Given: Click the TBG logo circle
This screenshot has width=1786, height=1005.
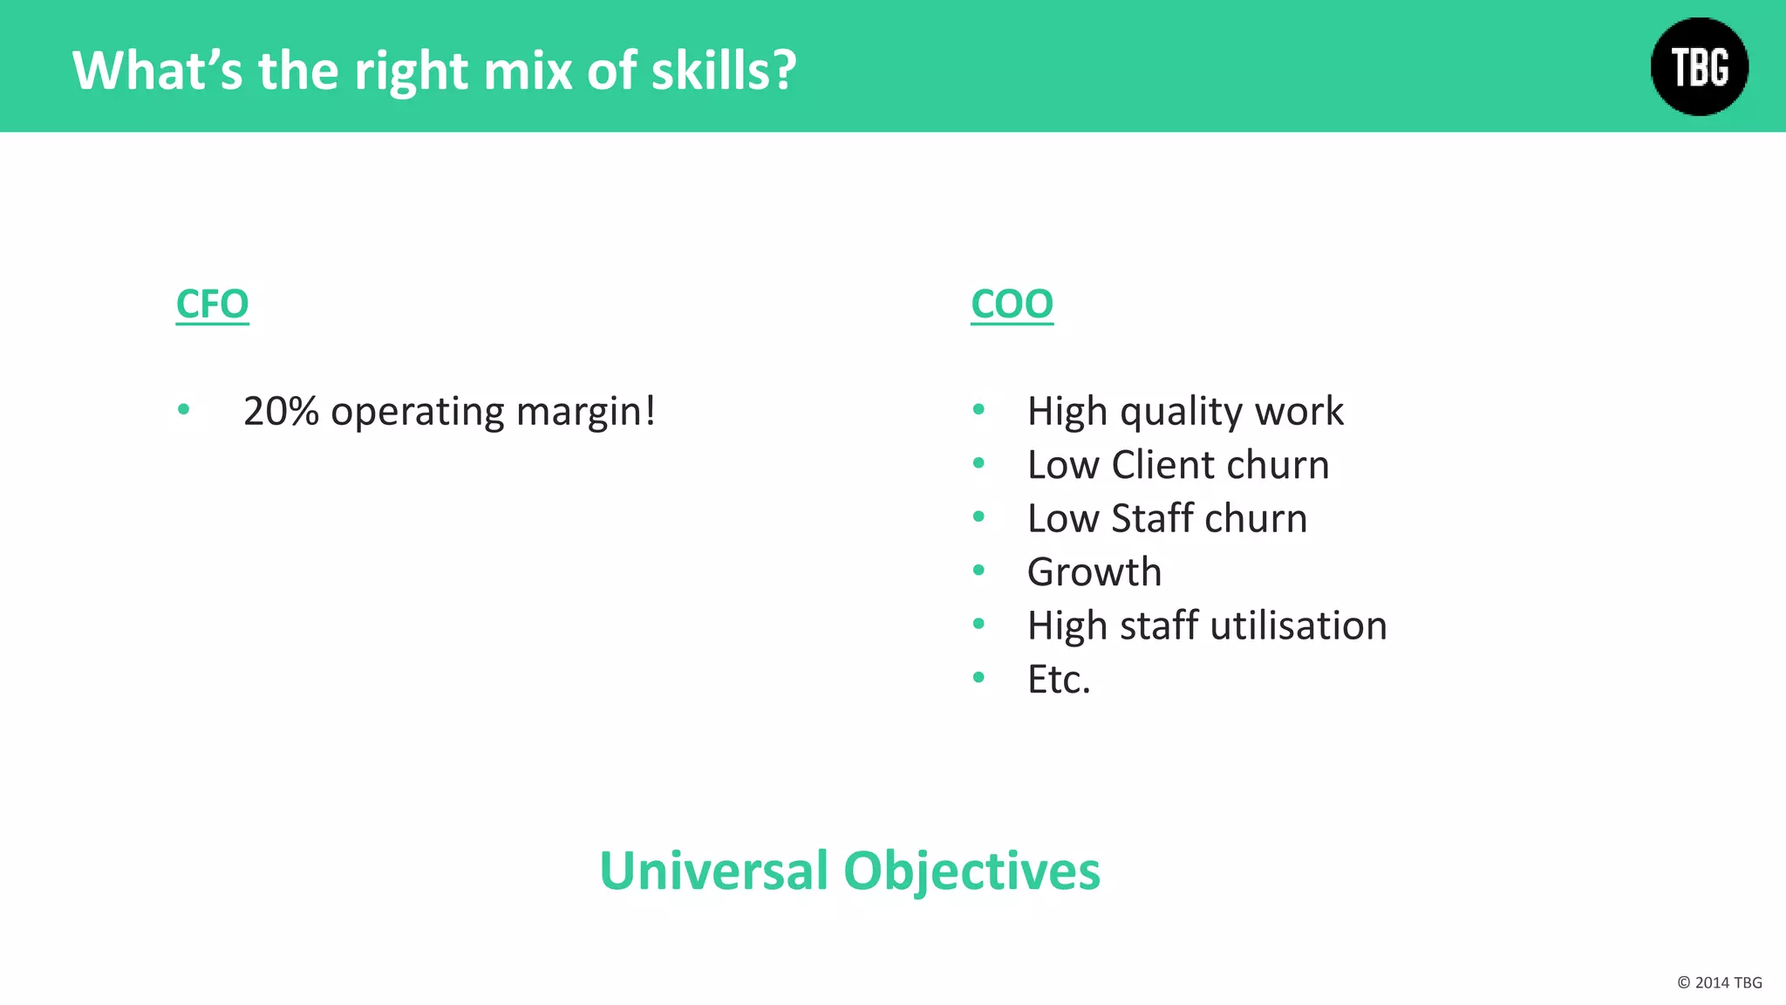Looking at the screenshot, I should (x=1699, y=67).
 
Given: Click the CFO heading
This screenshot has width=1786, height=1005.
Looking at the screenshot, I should (x=212, y=304).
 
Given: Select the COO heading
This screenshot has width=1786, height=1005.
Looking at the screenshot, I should (x=1012, y=304).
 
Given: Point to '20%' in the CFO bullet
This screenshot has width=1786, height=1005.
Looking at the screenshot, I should (x=281, y=411).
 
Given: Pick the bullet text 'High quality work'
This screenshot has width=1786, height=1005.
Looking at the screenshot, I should (x=1185, y=411).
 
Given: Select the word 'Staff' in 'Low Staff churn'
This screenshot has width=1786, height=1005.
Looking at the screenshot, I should (x=1152, y=518).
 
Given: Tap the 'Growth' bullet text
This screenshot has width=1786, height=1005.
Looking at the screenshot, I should (x=1094, y=572).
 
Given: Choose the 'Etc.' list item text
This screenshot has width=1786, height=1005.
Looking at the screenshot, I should (x=1059, y=680).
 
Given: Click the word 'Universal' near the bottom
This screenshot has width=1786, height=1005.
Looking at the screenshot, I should (x=713, y=871).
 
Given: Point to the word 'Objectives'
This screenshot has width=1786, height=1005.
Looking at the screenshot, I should (x=971, y=871).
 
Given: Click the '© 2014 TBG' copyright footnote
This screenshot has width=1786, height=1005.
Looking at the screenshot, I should (x=1719, y=982).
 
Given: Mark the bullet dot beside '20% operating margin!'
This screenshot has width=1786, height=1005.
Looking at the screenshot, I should (x=183, y=409).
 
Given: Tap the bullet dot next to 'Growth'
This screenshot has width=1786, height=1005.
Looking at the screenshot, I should (x=978, y=571).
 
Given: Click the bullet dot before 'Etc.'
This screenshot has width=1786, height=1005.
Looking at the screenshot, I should (x=978, y=677).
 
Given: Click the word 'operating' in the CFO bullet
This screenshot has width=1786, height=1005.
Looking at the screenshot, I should (x=417, y=411).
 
